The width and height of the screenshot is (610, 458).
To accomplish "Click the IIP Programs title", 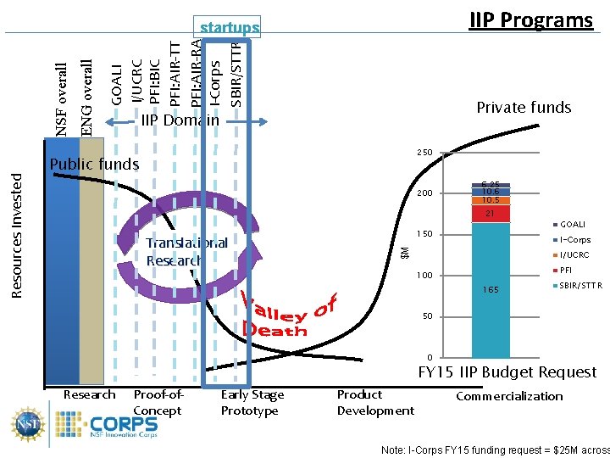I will (x=531, y=20).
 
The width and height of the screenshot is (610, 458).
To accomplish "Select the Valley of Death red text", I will (x=288, y=315).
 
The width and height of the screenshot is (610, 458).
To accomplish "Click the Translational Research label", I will (x=186, y=252).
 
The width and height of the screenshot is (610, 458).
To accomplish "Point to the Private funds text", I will (x=524, y=107).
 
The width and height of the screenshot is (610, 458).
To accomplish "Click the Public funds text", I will (x=94, y=164).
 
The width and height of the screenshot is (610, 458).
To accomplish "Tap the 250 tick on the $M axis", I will (x=424, y=153).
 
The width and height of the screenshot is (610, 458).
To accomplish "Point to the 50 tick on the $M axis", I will (x=427, y=316).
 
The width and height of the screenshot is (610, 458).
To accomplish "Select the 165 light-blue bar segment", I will (x=491, y=290).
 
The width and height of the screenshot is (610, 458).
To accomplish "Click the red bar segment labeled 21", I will (x=491, y=214).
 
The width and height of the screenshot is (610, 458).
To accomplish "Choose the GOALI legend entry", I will (x=572, y=225).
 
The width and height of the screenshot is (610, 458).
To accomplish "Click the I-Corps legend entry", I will (x=574, y=240).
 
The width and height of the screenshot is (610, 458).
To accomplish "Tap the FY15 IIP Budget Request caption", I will (x=507, y=372).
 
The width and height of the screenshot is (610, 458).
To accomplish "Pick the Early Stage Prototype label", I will (x=252, y=403).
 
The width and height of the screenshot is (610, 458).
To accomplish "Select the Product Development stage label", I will (x=375, y=403).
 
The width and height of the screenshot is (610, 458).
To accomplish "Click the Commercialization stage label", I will (x=508, y=396).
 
